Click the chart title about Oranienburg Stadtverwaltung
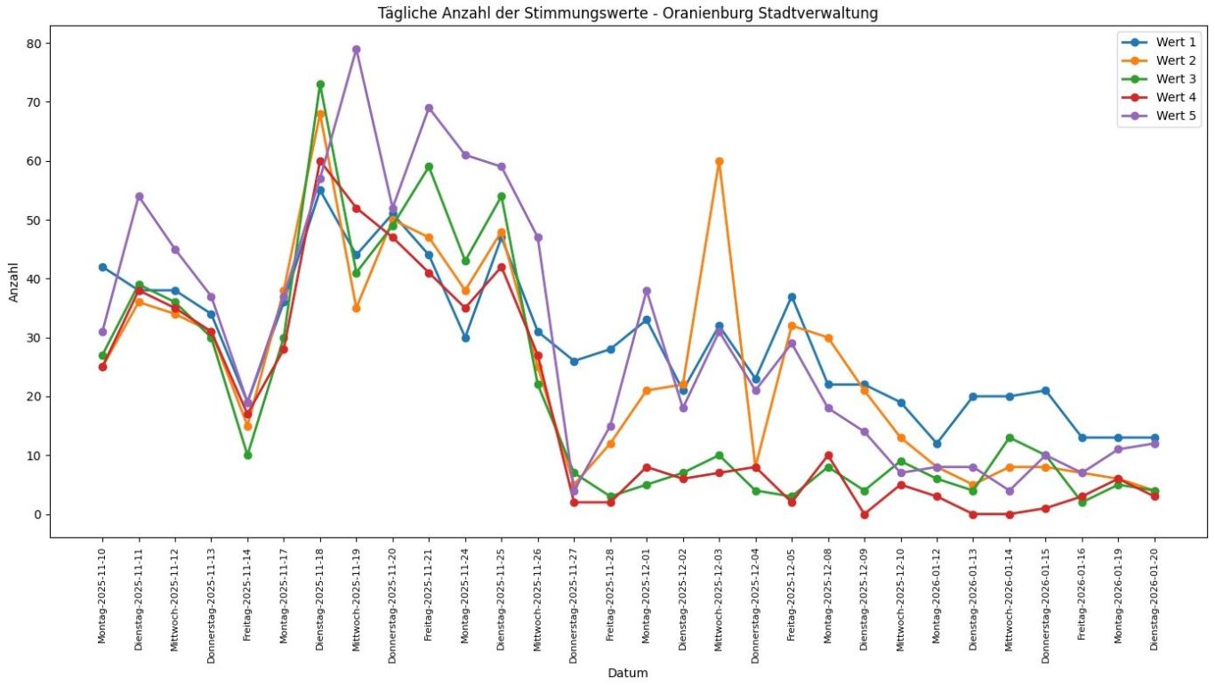[x=628, y=12]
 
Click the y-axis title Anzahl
[x=14, y=281]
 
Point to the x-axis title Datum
[x=628, y=674]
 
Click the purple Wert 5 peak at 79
[x=356, y=50]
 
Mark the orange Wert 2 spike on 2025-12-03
[x=719, y=162]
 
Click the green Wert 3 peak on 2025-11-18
[x=320, y=85]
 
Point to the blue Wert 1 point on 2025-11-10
[x=102, y=267]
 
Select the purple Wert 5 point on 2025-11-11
[x=139, y=197]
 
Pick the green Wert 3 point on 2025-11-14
[x=247, y=456]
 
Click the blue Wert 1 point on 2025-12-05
[x=792, y=297]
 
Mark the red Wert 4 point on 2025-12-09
[x=865, y=514]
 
